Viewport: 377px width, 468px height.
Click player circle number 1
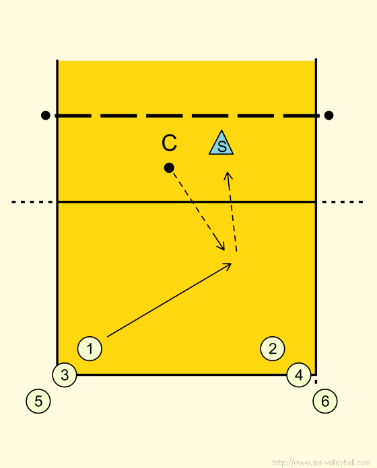[x=90, y=348]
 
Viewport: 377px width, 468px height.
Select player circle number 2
[x=273, y=348]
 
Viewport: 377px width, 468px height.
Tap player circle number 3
[x=65, y=375]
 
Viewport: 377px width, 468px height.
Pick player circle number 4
[x=299, y=375]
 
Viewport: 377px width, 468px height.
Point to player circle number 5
[x=38, y=401]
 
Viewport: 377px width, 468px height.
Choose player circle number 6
[x=325, y=401]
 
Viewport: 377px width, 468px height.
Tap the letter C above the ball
[x=169, y=143]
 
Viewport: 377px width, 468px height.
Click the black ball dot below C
[x=169, y=167]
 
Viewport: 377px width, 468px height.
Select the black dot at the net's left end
[x=45, y=115]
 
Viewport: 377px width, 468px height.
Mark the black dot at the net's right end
[x=329, y=115]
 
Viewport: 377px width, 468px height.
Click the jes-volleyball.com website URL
[x=321, y=463]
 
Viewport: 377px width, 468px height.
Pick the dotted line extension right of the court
[x=343, y=202]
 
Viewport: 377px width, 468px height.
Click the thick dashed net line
[x=187, y=116]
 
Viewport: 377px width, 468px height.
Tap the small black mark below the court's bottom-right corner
[x=316, y=382]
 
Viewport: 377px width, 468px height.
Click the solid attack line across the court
[x=186, y=202]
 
